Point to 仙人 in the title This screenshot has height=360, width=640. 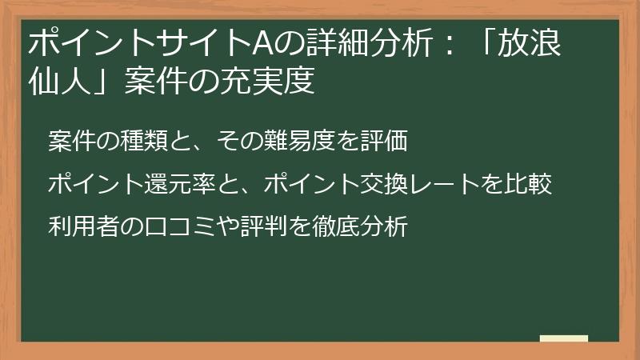pyautogui.click(x=58, y=82)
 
